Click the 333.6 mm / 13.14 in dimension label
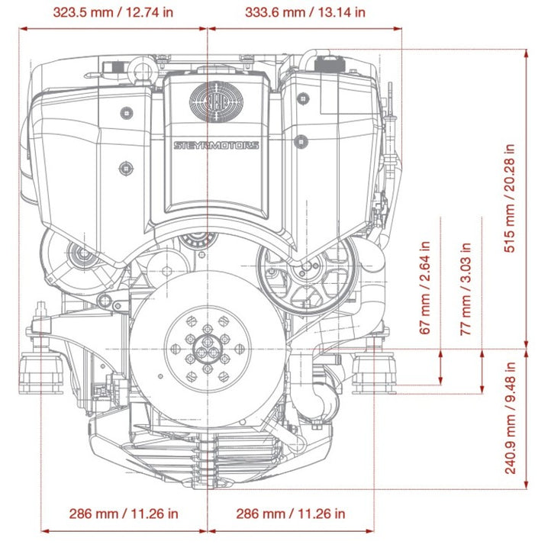305,12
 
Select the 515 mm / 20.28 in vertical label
511,198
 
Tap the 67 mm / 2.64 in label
426,288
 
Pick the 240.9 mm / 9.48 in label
511,417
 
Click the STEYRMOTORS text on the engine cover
216,145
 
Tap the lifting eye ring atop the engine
143,70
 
